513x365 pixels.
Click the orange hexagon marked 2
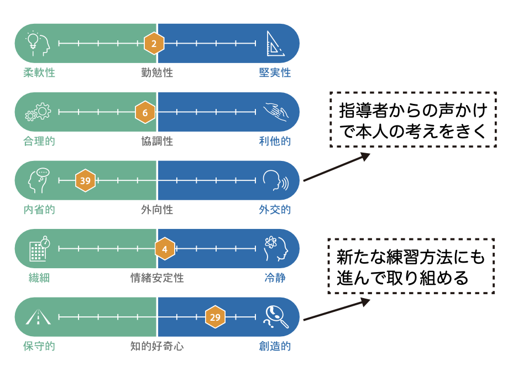pos(154,43)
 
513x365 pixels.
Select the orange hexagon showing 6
pos(145,112)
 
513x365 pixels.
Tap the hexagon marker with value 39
pos(85,180)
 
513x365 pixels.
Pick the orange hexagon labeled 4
pos(164,249)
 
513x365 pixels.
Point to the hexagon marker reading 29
pos(215,317)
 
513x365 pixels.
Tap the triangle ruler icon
pos(275,43)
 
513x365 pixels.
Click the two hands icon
pos(275,112)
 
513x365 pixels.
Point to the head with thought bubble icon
pos(38,180)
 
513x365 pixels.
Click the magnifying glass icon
pos(275,317)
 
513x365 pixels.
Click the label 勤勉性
pos(157,72)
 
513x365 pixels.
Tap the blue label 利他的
pos(275,141)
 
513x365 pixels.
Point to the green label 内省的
pos(39,210)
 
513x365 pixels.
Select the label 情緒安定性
pos(157,278)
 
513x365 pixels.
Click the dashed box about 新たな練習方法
pos(411,266)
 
